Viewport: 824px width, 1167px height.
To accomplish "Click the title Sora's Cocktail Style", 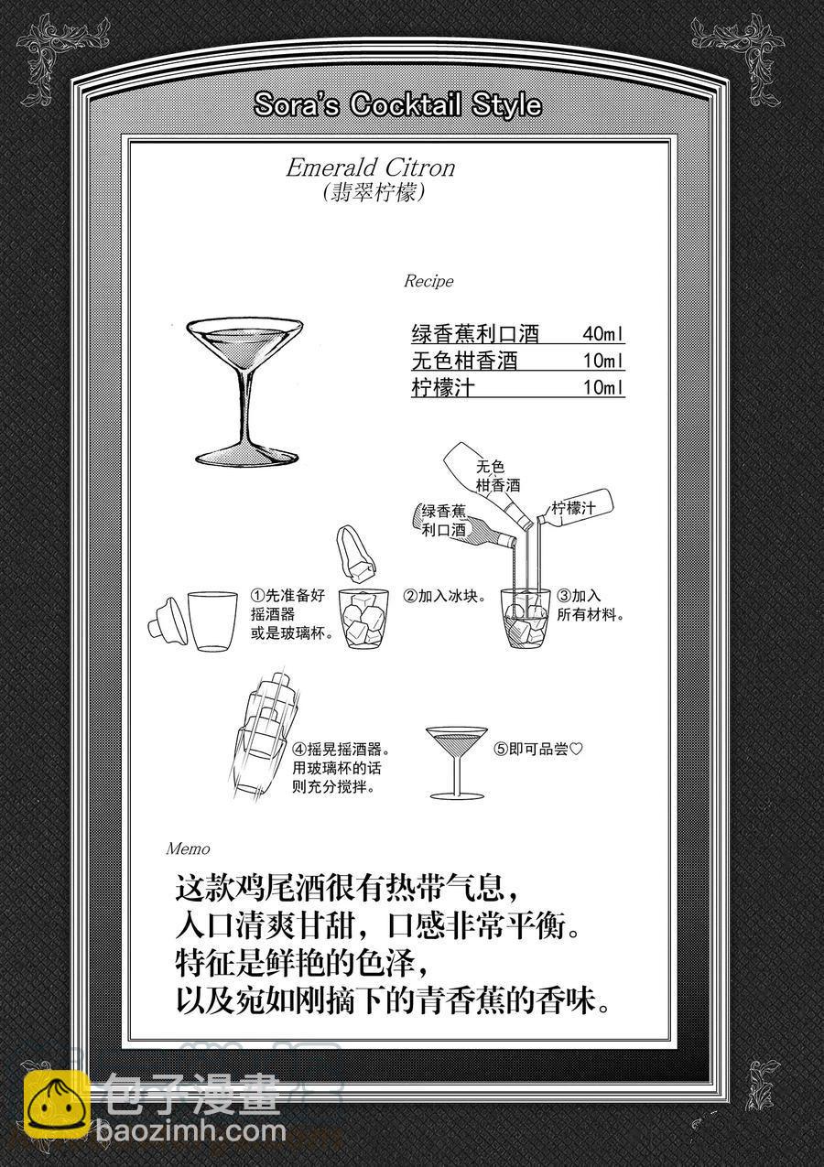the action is coord(397,104).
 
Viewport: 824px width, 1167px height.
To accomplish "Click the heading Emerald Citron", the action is coord(371,167).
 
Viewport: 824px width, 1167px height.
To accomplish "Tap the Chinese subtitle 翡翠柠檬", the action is coord(374,193).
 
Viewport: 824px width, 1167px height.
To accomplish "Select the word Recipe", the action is coord(428,281).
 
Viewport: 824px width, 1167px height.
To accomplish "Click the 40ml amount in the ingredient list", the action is coord(603,333).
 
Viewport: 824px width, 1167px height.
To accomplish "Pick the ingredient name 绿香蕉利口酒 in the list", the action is coord(475,333).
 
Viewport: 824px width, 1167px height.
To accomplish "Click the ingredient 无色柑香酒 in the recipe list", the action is coord(464,361).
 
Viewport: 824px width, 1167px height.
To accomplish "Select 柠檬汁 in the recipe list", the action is coord(443,387).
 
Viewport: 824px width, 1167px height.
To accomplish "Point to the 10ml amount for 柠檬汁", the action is coord(603,387).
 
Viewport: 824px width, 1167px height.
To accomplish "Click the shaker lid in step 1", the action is coord(165,623).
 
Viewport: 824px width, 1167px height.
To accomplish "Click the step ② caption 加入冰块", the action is coord(445,596).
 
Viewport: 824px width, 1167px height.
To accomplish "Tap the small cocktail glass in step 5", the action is coord(457,762).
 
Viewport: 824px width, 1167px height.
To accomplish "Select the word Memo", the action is coord(188,848).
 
